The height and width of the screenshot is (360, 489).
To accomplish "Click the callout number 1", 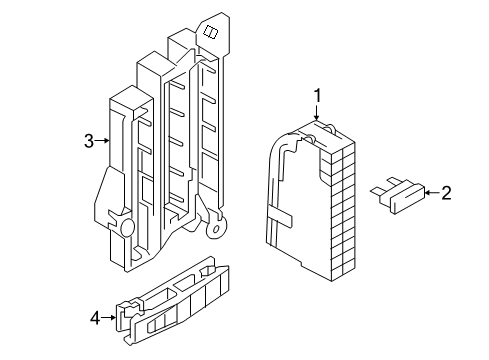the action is pos(318,96).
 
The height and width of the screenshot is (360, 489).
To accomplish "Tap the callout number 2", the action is pos(446,193).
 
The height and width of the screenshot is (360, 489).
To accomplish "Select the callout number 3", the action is pos(89,141).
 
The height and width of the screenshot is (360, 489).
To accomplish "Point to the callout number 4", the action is pos(95,318).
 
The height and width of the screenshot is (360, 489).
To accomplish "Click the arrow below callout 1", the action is pos(316,112).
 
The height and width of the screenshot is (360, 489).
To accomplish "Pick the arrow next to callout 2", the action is pos(432,193).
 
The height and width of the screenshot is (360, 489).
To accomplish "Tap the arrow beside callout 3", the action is pos(102,141).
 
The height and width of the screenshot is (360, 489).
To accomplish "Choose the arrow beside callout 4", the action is pos(109,318).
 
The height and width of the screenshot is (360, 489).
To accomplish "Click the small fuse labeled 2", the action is pos(398,195).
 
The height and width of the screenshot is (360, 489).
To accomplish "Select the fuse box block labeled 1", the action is pos(311,200).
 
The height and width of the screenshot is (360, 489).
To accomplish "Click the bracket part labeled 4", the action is pos(172,300).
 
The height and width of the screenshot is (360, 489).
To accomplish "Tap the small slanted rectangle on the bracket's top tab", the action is pos(211,32).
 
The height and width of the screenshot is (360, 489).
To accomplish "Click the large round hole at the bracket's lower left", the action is pos(127,227).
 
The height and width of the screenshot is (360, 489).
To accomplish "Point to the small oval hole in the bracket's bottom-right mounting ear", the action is pos(216,229).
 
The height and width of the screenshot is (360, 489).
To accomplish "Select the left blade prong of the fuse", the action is pos(377,192).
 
